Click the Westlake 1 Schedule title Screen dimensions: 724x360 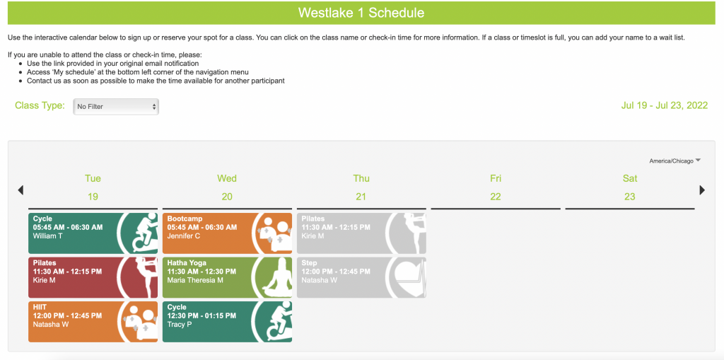[361, 13]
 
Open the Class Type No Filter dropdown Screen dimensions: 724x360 [116, 107]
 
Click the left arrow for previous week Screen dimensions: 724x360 [21, 190]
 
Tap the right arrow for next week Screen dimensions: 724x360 [702, 190]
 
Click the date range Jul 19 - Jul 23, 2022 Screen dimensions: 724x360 [665, 105]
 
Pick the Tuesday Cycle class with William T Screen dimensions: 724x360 [93, 233]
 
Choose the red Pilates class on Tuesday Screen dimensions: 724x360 [93, 277]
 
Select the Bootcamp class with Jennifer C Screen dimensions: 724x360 [227, 233]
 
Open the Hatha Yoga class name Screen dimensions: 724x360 [187, 263]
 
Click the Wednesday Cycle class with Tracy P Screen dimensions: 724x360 [227, 322]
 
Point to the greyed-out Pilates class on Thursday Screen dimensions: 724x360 [361, 233]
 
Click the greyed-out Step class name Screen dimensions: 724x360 [310, 263]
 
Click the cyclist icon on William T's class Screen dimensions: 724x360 [144, 233]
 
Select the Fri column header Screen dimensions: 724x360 [496, 178]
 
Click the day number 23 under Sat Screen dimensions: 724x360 [630, 197]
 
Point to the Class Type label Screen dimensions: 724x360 [40, 106]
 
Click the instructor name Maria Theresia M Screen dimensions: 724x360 [195, 280]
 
